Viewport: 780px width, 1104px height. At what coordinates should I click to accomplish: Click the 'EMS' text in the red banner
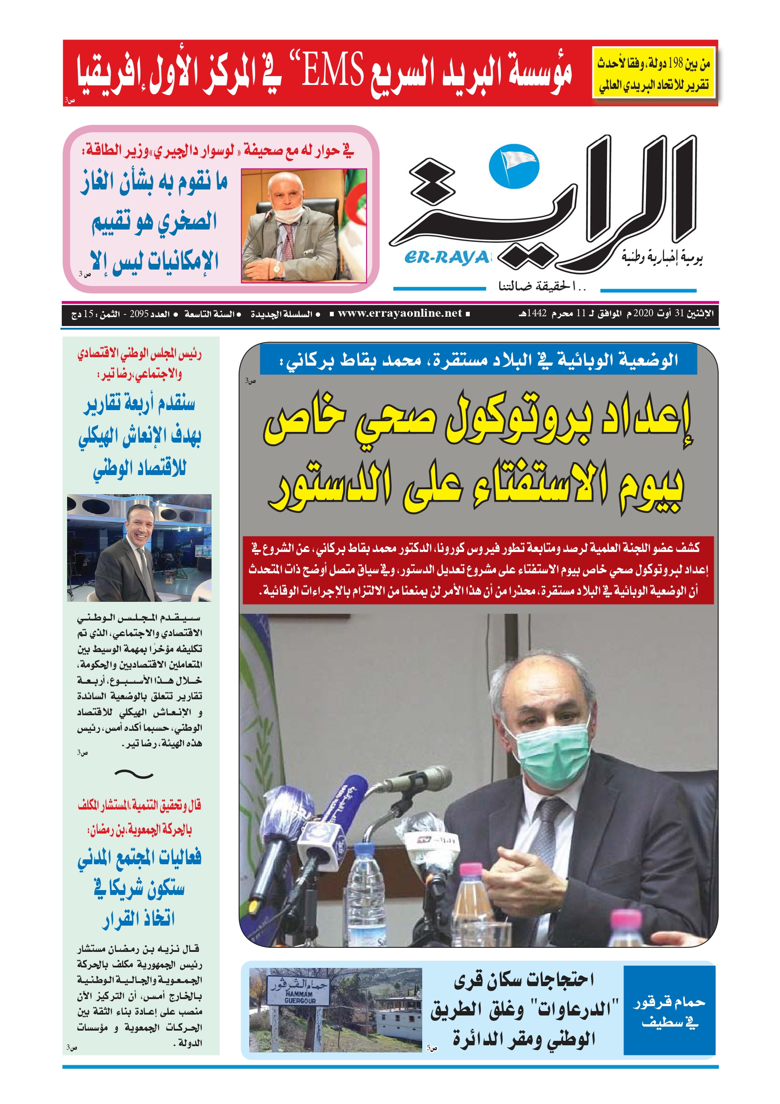332,71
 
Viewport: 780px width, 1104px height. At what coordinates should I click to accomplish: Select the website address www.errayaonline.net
400,314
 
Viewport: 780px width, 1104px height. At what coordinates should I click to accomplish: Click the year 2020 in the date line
643,314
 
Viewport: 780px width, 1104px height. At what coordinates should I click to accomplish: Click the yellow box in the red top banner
654,72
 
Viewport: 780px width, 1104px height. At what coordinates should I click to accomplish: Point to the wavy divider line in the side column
134,774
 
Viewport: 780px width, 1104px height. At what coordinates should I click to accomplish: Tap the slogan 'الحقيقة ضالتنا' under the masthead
542,287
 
